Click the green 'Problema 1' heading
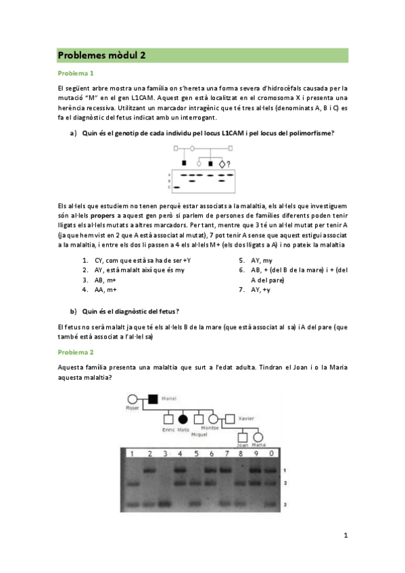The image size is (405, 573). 76,73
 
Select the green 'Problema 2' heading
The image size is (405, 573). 76,352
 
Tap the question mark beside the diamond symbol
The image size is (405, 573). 229,164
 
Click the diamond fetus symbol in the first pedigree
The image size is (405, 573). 221,164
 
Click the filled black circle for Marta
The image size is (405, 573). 183,420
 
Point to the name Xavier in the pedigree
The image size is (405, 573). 247,419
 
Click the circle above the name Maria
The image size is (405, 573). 258,437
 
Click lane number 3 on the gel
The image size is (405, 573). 164,453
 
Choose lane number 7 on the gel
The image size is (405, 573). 227,453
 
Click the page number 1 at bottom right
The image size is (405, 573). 345,536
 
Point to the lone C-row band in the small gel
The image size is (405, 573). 176,186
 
